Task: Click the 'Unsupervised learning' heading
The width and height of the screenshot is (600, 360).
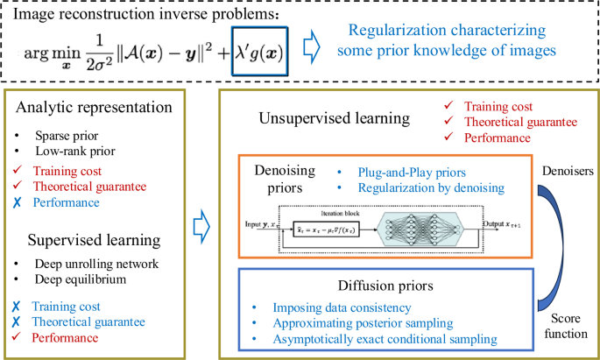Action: click(x=334, y=117)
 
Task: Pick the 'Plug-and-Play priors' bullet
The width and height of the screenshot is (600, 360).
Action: click(x=400, y=172)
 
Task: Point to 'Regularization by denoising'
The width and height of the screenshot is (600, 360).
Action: click(x=419, y=187)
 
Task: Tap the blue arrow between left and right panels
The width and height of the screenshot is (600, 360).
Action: click(x=201, y=222)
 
